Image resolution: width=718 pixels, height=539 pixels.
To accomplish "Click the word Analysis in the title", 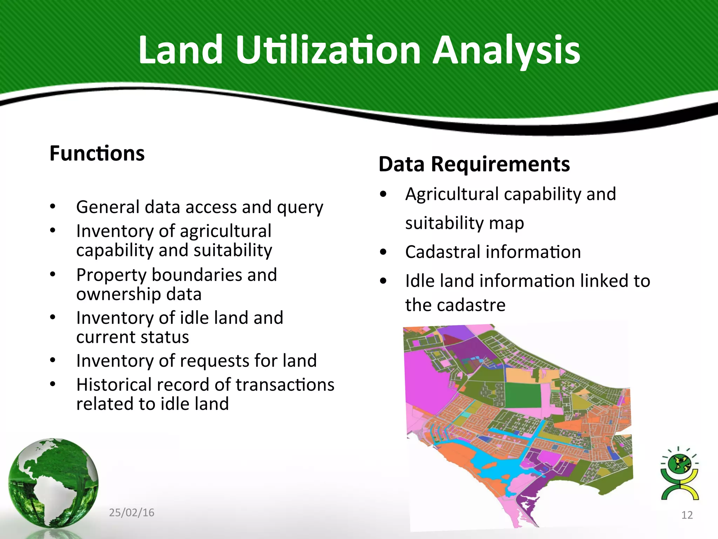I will coord(506,51).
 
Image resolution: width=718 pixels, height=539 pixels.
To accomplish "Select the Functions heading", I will coord(97,154).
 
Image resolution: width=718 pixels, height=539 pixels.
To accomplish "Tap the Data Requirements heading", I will coord(474,164).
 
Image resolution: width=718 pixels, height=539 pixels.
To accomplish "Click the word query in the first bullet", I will coord(300,208).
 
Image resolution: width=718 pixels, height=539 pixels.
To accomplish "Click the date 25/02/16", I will coord(131,513).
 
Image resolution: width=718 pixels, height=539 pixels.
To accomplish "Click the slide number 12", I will coord(687,515).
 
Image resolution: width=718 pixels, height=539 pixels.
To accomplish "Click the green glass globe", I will coord(53,483).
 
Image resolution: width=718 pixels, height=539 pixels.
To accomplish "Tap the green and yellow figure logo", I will coord(679,474).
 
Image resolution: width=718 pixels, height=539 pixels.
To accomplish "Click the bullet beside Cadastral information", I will coord(383,252).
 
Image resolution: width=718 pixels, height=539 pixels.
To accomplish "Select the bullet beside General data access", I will coord(53,207).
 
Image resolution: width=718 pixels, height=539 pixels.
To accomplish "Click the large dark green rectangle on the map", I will coord(523,395).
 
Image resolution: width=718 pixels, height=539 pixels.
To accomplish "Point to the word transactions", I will coord(285,385).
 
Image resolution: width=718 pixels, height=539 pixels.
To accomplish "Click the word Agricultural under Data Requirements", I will coord(452,194).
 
